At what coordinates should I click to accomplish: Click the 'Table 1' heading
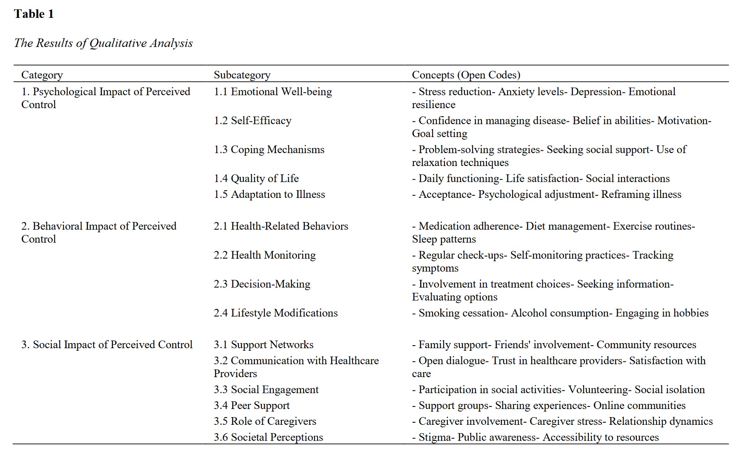pyautogui.click(x=34, y=14)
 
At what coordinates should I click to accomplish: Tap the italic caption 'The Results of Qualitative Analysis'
pyautogui.click(x=103, y=43)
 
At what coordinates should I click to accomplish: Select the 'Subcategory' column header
pyautogui.click(x=242, y=75)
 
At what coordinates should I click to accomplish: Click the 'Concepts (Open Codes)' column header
pyautogui.click(x=466, y=75)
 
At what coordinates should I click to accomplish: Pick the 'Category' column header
pyautogui.click(x=42, y=75)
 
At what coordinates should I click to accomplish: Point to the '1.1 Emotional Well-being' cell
pyautogui.click(x=272, y=92)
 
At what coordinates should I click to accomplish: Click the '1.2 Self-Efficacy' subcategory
pyautogui.click(x=252, y=120)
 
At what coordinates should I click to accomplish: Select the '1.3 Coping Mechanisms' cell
pyautogui.click(x=269, y=149)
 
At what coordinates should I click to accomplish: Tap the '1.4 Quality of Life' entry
pyautogui.click(x=256, y=178)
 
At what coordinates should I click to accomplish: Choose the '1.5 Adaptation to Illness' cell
pyautogui.click(x=269, y=195)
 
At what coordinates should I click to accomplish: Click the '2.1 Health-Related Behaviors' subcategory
pyautogui.click(x=281, y=226)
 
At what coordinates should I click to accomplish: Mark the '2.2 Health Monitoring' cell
pyautogui.click(x=264, y=255)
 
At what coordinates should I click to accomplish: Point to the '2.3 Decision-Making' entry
pyautogui.click(x=262, y=284)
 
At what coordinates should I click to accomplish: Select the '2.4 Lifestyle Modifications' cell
pyautogui.click(x=275, y=313)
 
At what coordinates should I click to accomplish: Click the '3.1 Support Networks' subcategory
pyautogui.click(x=263, y=344)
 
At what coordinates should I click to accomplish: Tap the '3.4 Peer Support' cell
pyautogui.click(x=251, y=405)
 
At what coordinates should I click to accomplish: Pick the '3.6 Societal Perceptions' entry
pyautogui.click(x=268, y=437)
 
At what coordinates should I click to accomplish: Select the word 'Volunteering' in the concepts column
pyautogui.click(x=599, y=389)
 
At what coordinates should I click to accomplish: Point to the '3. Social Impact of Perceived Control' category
pyautogui.click(x=107, y=344)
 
